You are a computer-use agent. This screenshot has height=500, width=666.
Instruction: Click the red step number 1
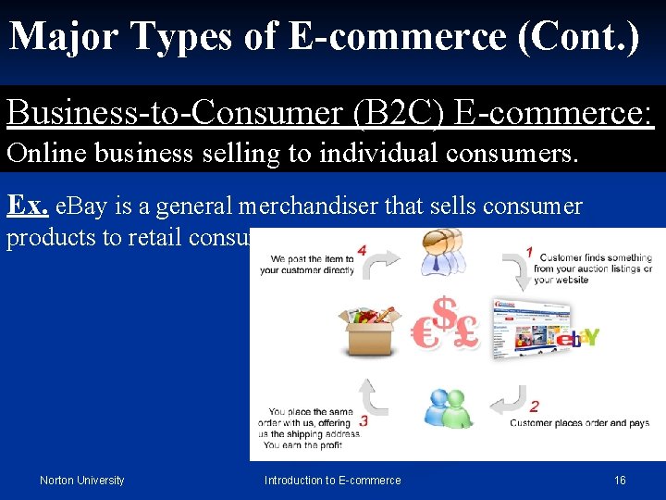[529, 250]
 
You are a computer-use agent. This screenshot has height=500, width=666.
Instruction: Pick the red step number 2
[535, 406]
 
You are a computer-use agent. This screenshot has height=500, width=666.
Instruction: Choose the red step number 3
[364, 420]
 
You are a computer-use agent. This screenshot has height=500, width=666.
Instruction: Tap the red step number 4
[362, 250]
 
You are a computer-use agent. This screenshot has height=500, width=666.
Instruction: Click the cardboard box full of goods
[372, 329]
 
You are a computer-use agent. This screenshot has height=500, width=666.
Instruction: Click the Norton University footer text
[81, 480]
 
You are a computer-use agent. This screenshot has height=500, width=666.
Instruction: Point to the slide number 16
[620, 480]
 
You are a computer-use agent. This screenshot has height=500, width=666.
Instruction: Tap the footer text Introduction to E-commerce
[332, 480]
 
